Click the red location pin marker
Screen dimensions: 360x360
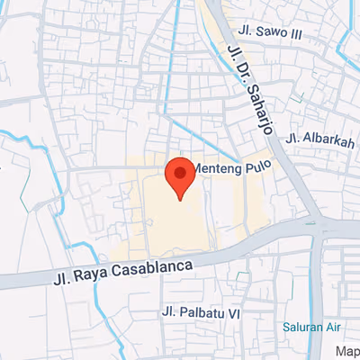click(179, 176)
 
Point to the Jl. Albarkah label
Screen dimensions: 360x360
click(318, 139)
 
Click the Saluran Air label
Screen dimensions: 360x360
click(310, 327)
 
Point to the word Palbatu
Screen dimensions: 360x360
click(203, 313)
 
